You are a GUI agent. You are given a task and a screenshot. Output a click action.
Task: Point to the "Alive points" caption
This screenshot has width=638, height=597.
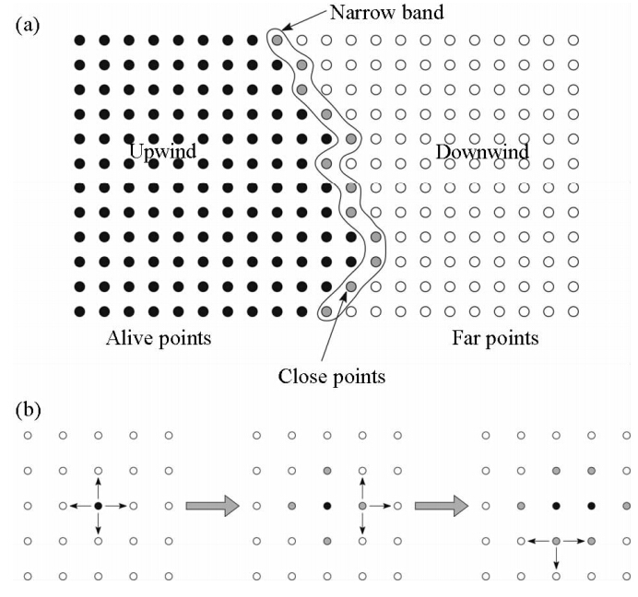click(x=159, y=338)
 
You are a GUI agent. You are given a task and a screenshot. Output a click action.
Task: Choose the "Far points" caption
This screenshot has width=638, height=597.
click(x=495, y=338)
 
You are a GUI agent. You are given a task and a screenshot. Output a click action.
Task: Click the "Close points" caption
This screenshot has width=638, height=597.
click(x=331, y=376)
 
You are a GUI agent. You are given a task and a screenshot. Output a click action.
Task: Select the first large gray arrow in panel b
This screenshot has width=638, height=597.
click(x=212, y=505)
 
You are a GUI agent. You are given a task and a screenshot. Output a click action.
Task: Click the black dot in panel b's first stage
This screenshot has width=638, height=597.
click(x=98, y=505)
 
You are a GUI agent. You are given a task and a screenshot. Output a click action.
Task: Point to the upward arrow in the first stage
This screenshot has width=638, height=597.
click(x=98, y=486)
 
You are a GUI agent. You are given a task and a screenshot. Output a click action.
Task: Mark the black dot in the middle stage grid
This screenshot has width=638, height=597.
click(x=327, y=505)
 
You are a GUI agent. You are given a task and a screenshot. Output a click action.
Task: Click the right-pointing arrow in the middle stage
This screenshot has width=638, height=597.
click(x=380, y=505)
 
